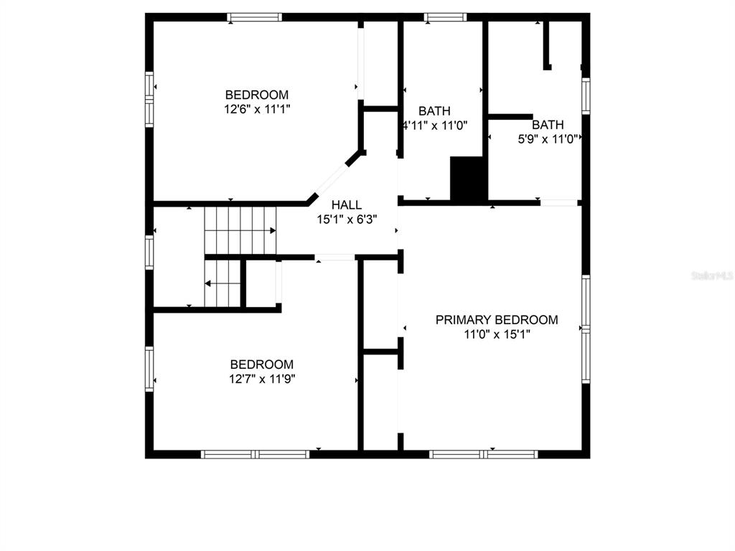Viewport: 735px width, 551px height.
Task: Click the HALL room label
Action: pyautogui.click(x=347, y=204)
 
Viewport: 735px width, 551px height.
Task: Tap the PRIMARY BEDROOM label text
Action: pyautogui.click(x=497, y=320)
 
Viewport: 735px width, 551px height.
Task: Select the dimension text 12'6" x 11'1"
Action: pyautogui.click(x=258, y=109)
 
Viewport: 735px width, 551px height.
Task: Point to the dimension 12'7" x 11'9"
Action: pyautogui.click(x=262, y=379)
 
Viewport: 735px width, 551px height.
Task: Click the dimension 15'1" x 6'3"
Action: pyautogui.click(x=347, y=220)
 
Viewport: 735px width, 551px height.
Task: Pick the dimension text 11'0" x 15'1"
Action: pyautogui.click(x=497, y=334)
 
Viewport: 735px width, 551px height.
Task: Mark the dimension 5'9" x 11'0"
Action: pyautogui.click(x=548, y=139)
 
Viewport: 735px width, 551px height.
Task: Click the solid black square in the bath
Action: pyautogui.click(x=467, y=180)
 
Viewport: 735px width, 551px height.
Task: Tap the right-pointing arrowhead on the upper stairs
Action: pyautogui.click(x=272, y=230)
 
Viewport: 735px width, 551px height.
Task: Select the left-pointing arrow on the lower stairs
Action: pyautogui.click(x=223, y=283)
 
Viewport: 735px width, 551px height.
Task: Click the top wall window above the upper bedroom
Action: pyautogui.click(x=255, y=17)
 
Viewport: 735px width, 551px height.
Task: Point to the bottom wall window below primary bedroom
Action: pyautogui.click(x=483, y=454)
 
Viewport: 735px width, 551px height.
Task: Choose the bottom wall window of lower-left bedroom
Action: pyautogui.click(x=255, y=454)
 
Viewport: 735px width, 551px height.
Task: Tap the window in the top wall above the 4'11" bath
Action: pyautogui.click(x=445, y=17)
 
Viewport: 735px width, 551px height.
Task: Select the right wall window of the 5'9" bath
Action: pyautogui.click(x=586, y=95)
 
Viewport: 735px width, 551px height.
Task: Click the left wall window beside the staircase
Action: pyautogui.click(x=149, y=252)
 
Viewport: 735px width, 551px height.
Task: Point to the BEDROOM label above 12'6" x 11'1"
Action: pyautogui.click(x=257, y=95)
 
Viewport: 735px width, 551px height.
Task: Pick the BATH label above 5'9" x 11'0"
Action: pyautogui.click(x=548, y=125)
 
